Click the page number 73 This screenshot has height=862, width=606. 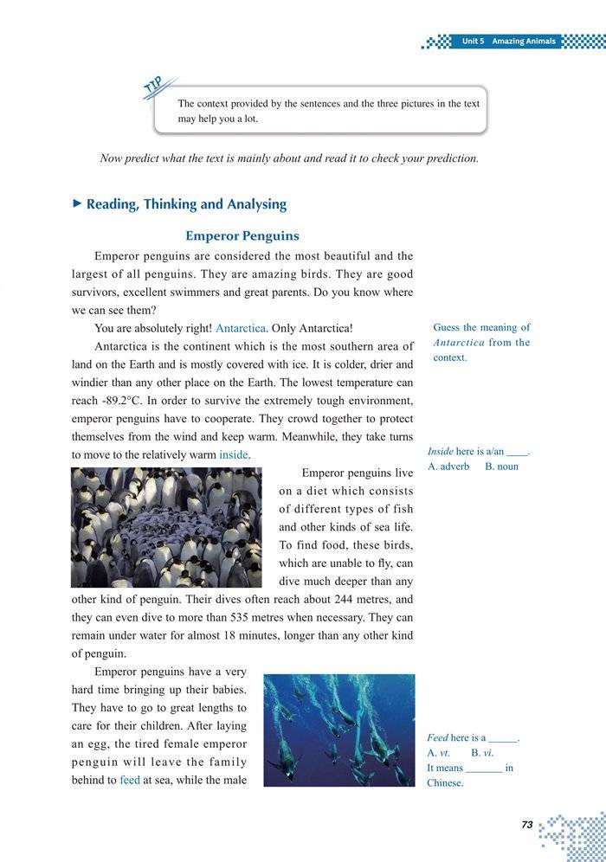526,825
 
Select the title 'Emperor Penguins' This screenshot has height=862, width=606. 242,235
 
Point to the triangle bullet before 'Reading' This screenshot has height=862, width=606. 77,204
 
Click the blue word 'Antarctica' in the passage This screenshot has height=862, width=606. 242,329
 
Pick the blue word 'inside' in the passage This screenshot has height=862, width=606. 234,454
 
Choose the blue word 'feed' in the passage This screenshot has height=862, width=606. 130,780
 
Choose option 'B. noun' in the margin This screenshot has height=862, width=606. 501,466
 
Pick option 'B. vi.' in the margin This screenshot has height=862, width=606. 482,753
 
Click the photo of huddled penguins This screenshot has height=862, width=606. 166,527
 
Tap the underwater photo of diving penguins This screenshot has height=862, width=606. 339,730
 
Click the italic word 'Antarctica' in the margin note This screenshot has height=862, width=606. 459,343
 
